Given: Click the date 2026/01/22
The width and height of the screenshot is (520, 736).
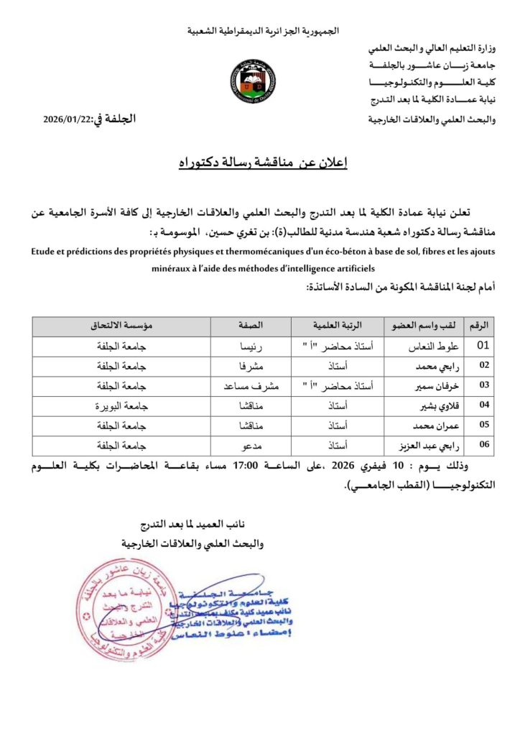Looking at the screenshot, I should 65,120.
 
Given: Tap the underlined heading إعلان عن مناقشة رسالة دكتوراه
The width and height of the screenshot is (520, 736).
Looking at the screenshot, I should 260,164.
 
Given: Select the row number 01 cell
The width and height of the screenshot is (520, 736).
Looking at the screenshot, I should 483,346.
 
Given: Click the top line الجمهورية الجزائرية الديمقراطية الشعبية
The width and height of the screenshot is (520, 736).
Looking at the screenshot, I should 263,31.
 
